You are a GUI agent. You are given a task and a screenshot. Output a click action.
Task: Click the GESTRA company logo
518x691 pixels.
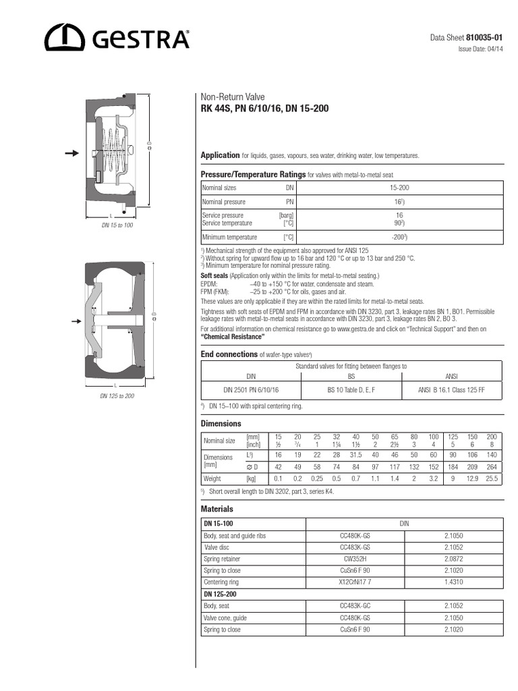(117, 38)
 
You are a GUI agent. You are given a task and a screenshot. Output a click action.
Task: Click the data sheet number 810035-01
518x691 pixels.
(484, 37)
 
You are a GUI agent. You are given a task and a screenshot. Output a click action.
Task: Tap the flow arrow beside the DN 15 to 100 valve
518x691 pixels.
(71, 154)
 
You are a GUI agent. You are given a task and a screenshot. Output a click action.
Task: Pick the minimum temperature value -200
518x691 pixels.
(399, 238)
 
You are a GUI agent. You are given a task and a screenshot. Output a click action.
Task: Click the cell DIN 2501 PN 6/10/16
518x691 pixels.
(251, 390)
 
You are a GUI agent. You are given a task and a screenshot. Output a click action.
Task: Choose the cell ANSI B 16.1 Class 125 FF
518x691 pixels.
(452, 390)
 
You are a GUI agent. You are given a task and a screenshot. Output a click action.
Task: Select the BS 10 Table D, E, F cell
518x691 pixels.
(351, 390)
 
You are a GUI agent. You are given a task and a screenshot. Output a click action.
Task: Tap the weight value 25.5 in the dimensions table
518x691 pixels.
(492, 478)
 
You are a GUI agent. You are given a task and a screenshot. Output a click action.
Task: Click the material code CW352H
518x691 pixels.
(355, 559)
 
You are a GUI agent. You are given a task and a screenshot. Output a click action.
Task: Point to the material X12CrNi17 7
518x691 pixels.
(355, 582)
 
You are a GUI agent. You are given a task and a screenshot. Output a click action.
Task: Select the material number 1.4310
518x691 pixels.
(453, 582)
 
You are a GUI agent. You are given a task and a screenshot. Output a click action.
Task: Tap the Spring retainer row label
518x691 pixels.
(222, 559)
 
